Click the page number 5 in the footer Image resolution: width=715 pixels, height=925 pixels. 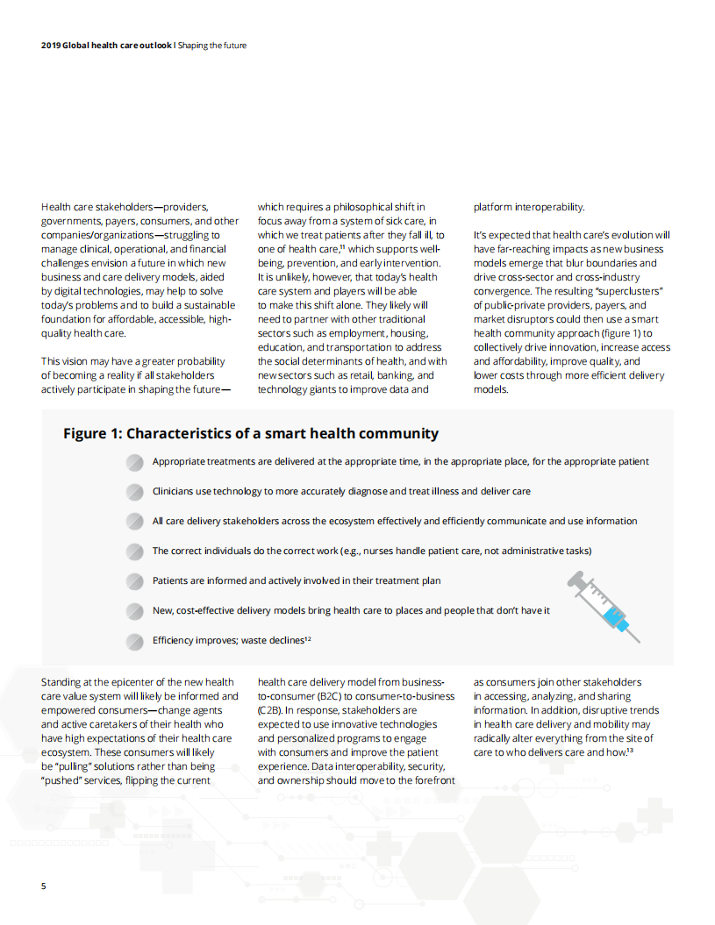point(44,886)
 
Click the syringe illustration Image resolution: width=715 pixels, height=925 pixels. point(604,606)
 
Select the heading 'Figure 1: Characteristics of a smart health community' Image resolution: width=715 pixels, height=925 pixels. point(251,433)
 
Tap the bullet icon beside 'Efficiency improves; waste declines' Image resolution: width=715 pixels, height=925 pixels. point(134,640)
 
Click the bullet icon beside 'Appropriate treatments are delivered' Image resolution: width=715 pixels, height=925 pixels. point(134,461)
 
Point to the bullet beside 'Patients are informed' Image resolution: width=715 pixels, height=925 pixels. point(134,580)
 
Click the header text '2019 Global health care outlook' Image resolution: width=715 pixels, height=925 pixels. point(106,46)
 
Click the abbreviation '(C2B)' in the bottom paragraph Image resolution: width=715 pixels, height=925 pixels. point(270,710)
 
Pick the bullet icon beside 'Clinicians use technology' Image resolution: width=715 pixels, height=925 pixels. point(134,491)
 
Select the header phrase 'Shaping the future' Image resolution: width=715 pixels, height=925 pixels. point(212,46)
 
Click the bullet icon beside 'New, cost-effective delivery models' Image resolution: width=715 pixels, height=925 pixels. point(134,610)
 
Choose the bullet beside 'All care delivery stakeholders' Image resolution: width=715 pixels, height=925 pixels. point(134,521)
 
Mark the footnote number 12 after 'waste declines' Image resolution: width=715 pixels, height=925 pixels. point(308,638)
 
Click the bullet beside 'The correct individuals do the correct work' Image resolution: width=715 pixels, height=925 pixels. point(134,551)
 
